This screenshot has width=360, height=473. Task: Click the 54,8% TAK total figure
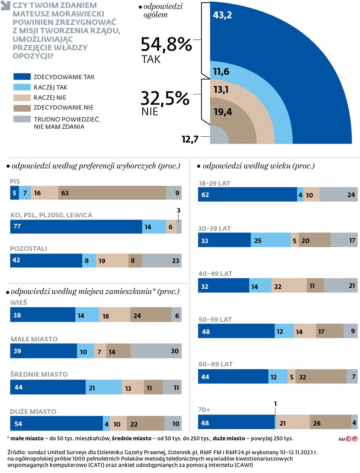tap(166, 45)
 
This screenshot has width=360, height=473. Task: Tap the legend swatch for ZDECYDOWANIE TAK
tap(22, 77)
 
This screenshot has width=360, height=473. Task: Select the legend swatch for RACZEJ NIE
tap(22, 97)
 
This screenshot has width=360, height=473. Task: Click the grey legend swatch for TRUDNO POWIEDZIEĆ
tap(22, 119)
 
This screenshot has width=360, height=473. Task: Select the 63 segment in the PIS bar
tap(112, 193)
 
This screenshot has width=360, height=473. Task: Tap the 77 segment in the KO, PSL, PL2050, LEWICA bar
tap(76, 227)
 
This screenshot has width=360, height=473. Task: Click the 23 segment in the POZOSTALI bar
tap(161, 261)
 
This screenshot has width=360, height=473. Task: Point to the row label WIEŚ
tap(19, 303)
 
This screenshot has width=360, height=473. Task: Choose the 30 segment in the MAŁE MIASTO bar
tap(156, 351)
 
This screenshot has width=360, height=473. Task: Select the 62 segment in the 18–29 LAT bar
tap(247, 194)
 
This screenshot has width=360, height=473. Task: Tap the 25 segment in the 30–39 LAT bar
tap(270, 240)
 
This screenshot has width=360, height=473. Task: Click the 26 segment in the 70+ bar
tap(330, 422)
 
